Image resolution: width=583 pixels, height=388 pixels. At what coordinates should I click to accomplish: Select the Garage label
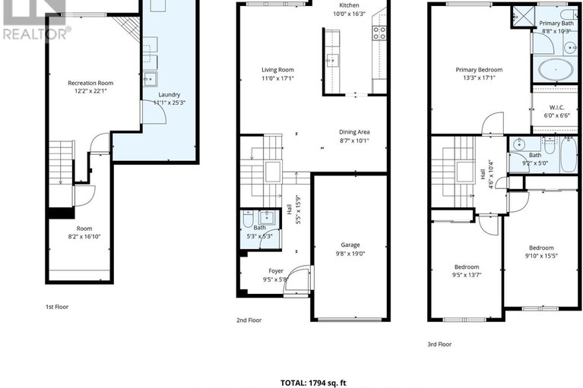350,245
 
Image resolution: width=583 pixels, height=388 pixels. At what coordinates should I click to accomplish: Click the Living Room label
277,69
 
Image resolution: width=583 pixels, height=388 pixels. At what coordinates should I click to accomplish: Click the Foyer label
276,271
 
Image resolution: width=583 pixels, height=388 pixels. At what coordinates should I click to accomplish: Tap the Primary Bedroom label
479,69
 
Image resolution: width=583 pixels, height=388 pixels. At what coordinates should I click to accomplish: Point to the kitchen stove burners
378,32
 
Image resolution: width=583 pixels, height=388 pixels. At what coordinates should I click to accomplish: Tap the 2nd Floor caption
249,320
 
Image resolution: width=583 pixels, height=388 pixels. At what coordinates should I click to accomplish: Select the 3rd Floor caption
440,344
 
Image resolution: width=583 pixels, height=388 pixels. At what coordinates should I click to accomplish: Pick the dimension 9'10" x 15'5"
541,257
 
